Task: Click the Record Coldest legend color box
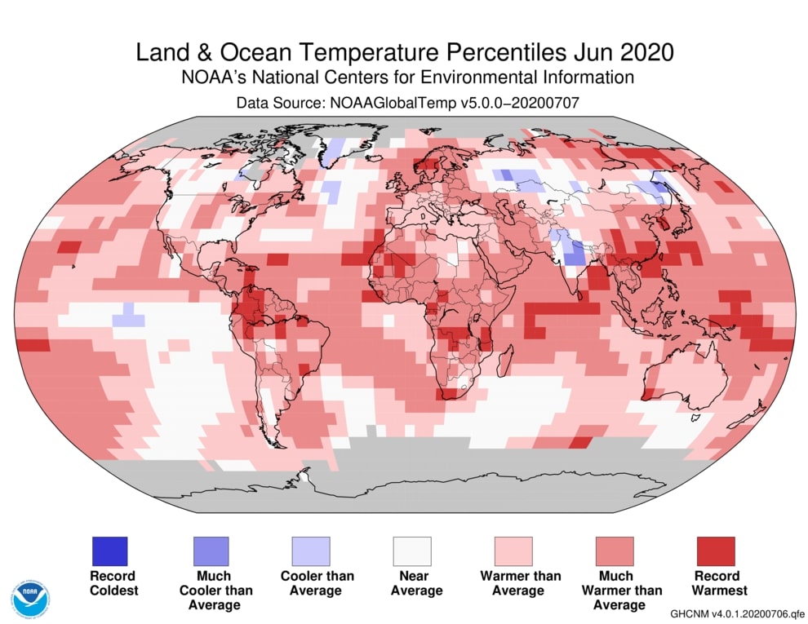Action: (x=109, y=551)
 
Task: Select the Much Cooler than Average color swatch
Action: (x=211, y=551)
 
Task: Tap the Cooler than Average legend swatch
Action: (x=311, y=551)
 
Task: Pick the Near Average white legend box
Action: (x=412, y=551)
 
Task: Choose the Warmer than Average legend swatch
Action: (x=513, y=551)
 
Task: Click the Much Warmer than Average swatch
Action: (x=615, y=551)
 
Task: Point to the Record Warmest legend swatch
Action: (x=716, y=551)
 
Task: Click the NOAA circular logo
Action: (x=30, y=598)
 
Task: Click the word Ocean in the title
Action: (x=262, y=52)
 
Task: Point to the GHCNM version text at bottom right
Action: (x=737, y=613)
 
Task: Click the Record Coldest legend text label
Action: (x=113, y=582)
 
